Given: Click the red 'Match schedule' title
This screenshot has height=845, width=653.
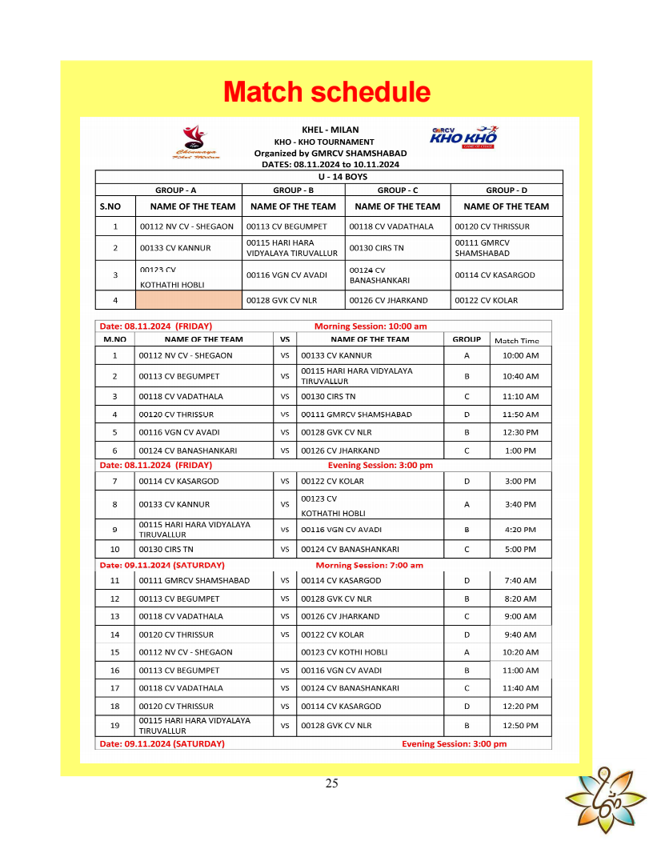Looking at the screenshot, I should pos(326,92).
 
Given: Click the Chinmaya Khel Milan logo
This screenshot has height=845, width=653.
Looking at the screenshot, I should pos(194,142).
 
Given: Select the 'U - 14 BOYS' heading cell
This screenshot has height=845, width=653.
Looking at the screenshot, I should pos(329,176).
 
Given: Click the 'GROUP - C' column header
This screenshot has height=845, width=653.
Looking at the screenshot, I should pos(398,190).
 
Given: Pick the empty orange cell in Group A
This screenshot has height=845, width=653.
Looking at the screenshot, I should pos(188,300).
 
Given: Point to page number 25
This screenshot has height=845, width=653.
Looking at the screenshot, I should pos(331,783).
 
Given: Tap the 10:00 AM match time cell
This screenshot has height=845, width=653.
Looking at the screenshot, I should pos(520,355).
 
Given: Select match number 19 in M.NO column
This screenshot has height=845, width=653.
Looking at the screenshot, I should pos(114,726).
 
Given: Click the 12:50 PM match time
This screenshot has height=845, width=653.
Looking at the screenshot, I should pos(520,726).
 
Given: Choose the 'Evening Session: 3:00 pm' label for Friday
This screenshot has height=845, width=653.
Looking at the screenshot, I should pos(380,465).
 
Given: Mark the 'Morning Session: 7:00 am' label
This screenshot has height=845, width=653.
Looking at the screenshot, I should pos(369,565).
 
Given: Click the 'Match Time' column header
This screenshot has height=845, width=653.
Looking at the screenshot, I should pos(517,340).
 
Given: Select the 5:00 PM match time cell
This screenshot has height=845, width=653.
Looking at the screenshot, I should pos(520,549).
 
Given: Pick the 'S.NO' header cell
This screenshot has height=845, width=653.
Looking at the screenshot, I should pos(110,206).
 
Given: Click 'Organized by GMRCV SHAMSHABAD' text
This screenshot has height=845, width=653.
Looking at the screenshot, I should pos(331,153).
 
